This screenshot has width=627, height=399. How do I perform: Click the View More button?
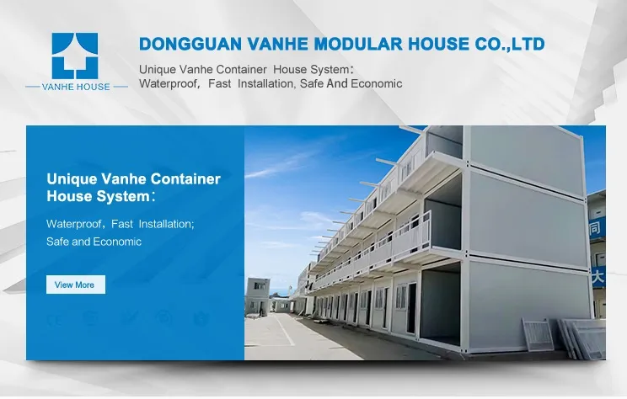pyautogui.click(x=75, y=285)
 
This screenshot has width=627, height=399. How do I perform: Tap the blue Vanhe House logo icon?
pyautogui.click(x=75, y=56)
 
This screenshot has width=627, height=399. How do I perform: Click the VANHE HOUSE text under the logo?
pyautogui.click(x=75, y=87)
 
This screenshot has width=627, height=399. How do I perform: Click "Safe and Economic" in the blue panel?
pyautogui.click(x=94, y=242)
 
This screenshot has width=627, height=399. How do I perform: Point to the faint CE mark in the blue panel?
pyautogui.click(x=56, y=318)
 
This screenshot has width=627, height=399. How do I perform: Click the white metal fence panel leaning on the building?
pyautogui.click(x=538, y=333)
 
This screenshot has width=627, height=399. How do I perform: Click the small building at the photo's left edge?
pyautogui.click(x=257, y=295)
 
